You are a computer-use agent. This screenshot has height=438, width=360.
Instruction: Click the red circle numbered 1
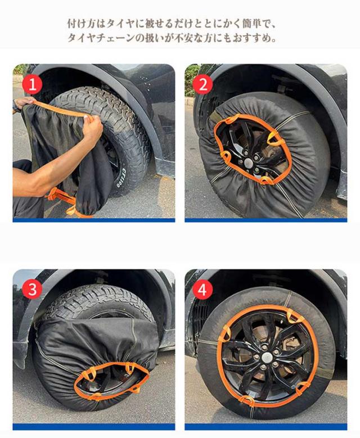pyautogui.click(x=32, y=84)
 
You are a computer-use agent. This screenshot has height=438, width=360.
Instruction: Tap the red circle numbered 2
pyautogui.click(x=204, y=84)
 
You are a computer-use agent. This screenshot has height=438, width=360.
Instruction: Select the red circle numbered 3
pyautogui.click(x=32, y=289)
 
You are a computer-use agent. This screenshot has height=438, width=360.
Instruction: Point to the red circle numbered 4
pyautogui.click(x=202, y=290)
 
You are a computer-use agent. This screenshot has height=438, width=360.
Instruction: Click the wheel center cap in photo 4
pyautogui.click(x=267, y=356)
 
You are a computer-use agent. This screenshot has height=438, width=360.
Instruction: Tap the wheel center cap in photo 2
pyautogui.click(x=248, y=162)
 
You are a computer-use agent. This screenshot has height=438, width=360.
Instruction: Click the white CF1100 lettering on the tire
pyautogui.click(x=121, y=178)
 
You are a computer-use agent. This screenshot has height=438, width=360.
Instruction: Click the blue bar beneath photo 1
pyautogui.click(x=94, y=220)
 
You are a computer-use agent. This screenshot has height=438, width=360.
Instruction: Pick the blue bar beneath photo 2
pyautogui.click(x=266, y=220)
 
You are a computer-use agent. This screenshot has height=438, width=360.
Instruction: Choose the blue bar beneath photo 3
pyautogui.click(x=94, y=427)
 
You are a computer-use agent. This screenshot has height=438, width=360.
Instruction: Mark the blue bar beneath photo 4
pyautogui.click(x=266, y=427)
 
